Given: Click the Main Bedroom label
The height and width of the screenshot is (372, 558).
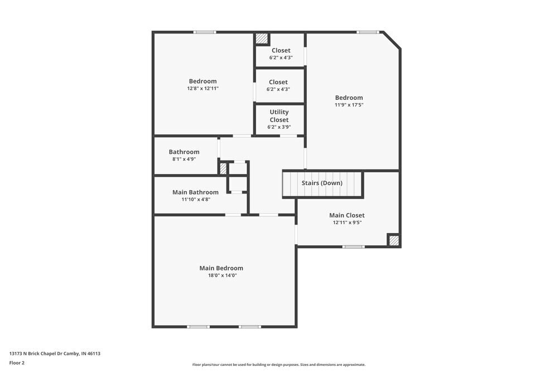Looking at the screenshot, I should pyautogui.click(x=221, y=268).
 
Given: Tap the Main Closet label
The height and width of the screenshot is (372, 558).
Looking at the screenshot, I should pyautogui.click(x=347, y=215).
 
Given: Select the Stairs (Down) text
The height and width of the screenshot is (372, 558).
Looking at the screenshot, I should pyautogui.click(x=322, y=183).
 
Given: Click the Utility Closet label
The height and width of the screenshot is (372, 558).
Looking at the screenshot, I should pyautogui.click(x=279, y=116).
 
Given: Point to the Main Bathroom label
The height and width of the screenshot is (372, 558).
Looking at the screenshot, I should pyautogui.click(x=195, y=192).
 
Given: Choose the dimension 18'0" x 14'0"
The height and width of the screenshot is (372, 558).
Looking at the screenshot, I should pyautogui.click(x=221, y=276).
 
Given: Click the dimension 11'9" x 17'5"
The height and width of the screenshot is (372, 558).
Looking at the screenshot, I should pyautogui.click(x=349, y=105).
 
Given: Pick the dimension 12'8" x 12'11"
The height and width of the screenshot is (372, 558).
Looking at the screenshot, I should pyautogui.click(x=203, y=88).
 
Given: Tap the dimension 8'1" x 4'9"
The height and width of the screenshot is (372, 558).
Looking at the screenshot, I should pyautogui.click(x=184, y=159).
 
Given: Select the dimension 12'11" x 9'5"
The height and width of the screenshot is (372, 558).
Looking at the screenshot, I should pyautogui.click(x=347, y=223).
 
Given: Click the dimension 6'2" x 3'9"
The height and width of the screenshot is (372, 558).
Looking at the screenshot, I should pyautogui.click(x=279, y=127).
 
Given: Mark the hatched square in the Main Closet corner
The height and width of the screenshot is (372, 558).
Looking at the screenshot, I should pyautogui.click(x=394, y=240).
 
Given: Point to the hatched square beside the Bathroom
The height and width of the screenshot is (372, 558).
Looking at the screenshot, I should pyautogui.click(x=223, y=168).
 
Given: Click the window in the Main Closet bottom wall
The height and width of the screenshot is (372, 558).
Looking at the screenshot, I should pyautogui.click(x=353, y=247).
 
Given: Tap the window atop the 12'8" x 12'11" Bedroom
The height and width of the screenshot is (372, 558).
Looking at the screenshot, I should pyautogui.click(x=204, y=32).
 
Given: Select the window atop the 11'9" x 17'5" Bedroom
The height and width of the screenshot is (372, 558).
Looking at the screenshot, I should pyautogui.click(x=368, y=32).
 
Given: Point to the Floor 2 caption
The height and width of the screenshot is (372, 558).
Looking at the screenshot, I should pyautogui.click(x=17, y=363).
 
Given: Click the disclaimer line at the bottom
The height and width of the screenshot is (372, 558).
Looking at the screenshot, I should pyautogui.click(x=278, y=365).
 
